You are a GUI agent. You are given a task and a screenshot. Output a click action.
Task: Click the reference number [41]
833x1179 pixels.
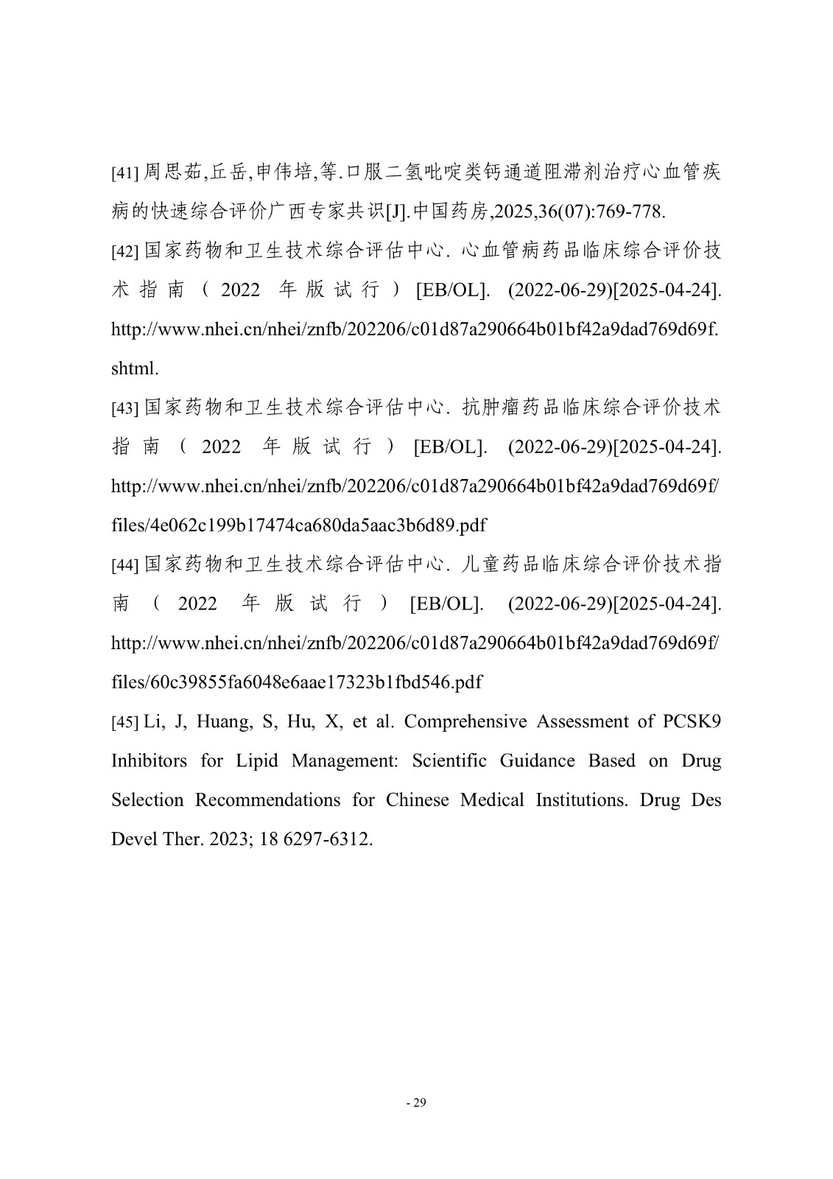124,174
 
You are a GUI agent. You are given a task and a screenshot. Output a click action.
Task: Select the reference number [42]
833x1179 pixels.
124,252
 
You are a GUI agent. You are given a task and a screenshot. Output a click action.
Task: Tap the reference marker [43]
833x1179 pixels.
124,408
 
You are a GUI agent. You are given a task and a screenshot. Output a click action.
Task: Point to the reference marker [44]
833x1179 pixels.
124,565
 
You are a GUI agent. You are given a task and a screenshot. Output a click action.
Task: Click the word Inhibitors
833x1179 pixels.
149,760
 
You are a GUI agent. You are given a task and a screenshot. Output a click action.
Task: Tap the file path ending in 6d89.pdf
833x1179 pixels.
298,525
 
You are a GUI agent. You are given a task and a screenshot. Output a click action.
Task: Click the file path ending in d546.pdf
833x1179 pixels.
296,682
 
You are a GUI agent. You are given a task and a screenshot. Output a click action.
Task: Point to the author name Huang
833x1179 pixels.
223,721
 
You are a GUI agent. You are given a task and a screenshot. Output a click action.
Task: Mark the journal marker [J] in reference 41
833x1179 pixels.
396,212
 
